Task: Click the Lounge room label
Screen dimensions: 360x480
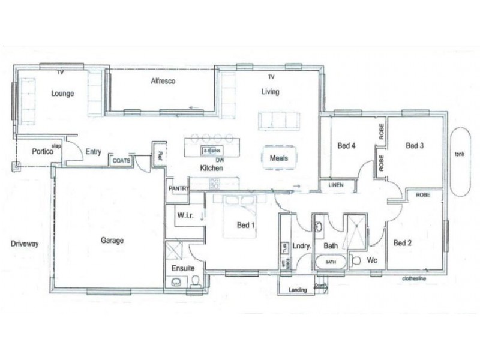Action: coord(62,94)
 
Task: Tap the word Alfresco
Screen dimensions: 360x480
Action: coord(163,81)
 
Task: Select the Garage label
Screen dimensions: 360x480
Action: coord(112,241)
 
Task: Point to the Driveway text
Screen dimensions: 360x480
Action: coord(25,244)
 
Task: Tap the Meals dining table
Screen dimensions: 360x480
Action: coord(279,158)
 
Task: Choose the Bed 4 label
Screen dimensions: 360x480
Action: coord(346,145)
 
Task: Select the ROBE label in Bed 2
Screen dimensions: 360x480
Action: coord(422,195)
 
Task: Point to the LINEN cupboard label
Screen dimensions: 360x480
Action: coord(336,185)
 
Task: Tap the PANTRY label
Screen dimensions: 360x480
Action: coord(178,188)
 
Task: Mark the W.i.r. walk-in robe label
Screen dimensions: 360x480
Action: coord(184,214)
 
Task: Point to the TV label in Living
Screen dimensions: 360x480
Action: coord(271,77)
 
